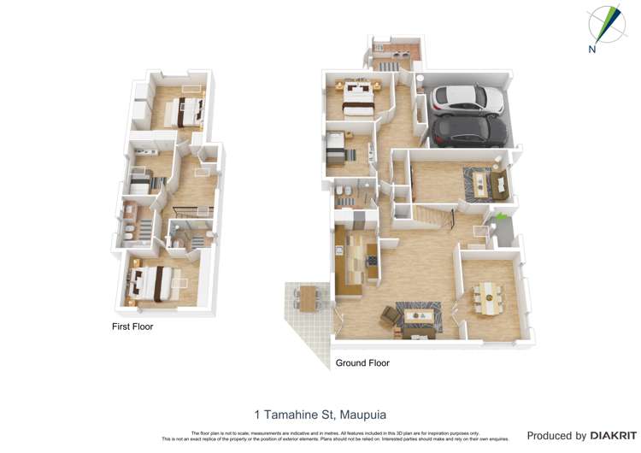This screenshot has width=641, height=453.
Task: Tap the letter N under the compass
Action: [x=591, y=49]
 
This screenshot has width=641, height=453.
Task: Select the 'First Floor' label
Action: [x=132, y=327]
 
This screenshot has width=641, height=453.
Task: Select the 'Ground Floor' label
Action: [x=362, y=363]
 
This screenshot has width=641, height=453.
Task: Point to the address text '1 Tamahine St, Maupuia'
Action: [x=320, y=415]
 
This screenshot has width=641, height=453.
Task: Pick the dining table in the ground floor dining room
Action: [x=490, y=298]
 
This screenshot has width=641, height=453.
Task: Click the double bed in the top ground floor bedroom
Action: [x=356, y=96]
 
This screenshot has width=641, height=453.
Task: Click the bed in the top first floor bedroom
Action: [x=185, y=110]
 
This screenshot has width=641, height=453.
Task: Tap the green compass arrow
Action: [x=607, y=21]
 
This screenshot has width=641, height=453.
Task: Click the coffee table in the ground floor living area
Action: [x=418, y=315]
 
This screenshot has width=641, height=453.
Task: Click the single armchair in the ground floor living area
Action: [x=390, y=318]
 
